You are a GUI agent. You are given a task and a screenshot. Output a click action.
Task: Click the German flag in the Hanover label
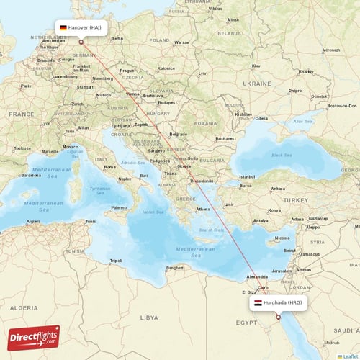click(64, 27)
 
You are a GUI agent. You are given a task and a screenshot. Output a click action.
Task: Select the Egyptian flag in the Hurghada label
click(257, 303)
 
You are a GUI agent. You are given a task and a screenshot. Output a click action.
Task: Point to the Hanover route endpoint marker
click(81, 41)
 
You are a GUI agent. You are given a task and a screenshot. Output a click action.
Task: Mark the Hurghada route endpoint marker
click(278, 316)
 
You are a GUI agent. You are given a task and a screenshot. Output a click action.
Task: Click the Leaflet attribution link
click(348, 356)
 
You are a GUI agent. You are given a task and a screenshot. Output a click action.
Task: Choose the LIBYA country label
click(149, 317)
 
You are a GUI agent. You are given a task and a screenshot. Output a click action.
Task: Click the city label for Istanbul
click(248, 176)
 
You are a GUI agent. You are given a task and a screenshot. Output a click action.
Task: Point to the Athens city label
click(203, 210)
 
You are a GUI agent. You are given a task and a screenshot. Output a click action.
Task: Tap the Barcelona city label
click(32, 175)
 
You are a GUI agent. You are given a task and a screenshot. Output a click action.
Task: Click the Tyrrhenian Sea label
click(100, 189)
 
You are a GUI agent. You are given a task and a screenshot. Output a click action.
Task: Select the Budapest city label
click(168, 102)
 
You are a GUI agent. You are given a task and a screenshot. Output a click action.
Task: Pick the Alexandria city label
click(257, 276)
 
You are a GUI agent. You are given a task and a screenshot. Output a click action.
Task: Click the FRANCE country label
click(22, 114)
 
